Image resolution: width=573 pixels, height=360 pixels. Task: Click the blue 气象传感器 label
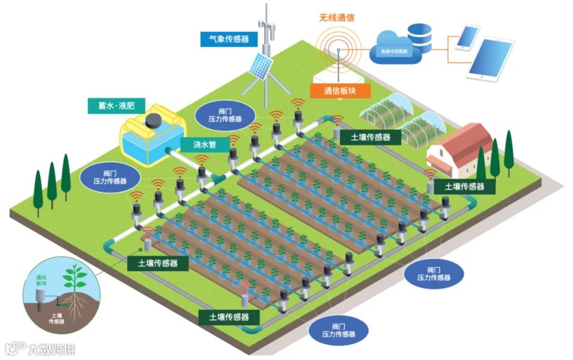click(229, 40)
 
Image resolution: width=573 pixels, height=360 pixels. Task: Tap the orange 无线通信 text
click(337, 17)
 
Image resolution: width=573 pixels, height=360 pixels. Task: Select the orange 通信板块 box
click(339, 90)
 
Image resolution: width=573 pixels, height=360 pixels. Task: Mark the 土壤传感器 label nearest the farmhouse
click(465, 187)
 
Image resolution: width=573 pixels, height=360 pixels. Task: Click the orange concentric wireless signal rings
click(338, 45)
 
